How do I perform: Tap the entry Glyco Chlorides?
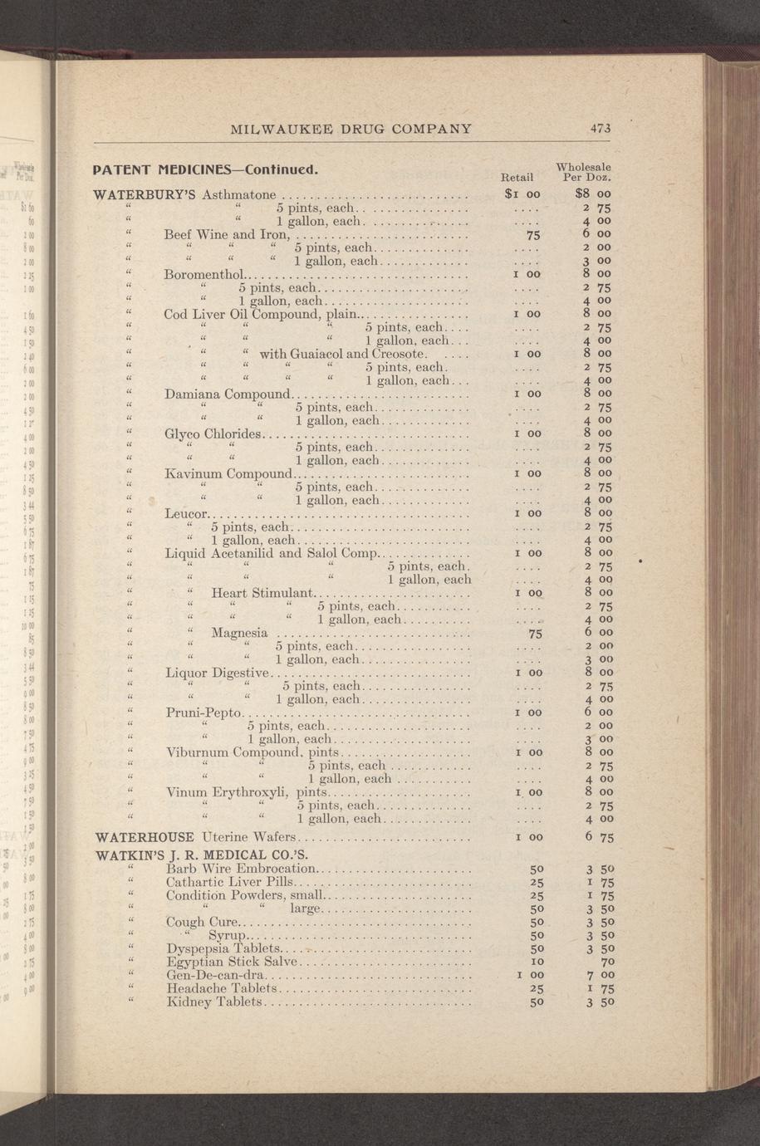(213, 433)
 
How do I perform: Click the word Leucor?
(185, 513)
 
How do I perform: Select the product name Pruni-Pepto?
(203, 713)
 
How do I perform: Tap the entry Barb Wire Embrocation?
(241, 869)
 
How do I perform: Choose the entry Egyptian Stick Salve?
(231, 962)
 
